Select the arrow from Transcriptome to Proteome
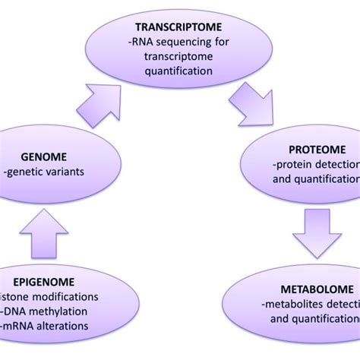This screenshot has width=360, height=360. [x=258, y=103]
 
